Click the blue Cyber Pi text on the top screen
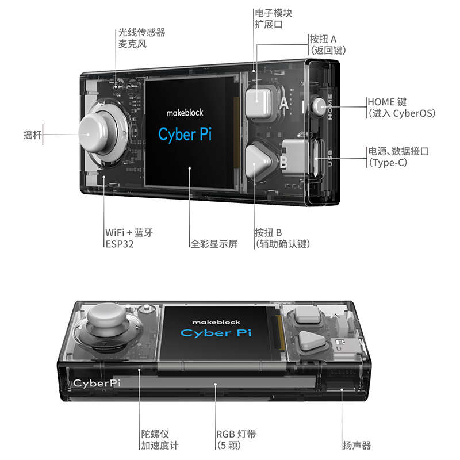pos(185,134)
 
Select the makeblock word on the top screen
pos(185,113)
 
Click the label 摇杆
pos(30,136)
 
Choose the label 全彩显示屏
pos(213,244)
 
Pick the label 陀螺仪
pos(156,434)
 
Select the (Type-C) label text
pos(388,163)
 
